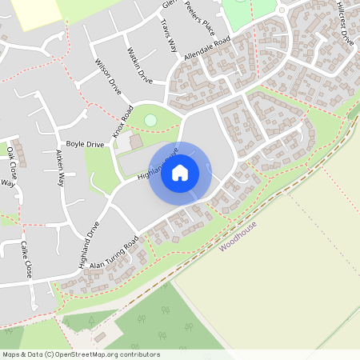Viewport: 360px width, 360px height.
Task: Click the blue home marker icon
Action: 180,172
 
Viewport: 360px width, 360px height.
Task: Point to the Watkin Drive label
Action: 138,65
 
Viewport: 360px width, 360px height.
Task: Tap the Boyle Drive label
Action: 85,144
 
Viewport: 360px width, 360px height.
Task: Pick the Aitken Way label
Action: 59,168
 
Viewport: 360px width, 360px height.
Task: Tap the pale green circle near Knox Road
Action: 150,121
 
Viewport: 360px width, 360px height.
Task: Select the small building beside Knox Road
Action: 136,142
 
